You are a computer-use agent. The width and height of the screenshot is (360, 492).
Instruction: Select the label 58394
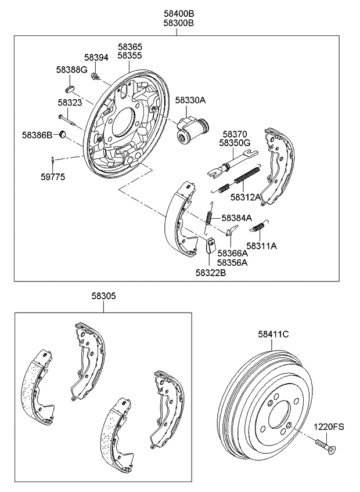point(96,57)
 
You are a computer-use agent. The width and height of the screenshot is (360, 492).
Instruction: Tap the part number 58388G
point(71,70)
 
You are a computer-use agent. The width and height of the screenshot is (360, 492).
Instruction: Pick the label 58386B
point(38,135)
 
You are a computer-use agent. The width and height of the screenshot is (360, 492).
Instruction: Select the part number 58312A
point(246,197)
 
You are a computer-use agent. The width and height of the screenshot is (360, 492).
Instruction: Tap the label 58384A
point(237,218)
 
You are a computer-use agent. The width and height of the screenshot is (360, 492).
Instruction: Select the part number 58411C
point(273,334)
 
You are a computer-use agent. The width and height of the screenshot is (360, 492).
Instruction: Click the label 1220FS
point(329,426)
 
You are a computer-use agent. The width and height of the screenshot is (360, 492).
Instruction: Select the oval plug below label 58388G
point(69,89)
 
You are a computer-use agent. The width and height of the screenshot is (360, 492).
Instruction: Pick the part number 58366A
point(232,253)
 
